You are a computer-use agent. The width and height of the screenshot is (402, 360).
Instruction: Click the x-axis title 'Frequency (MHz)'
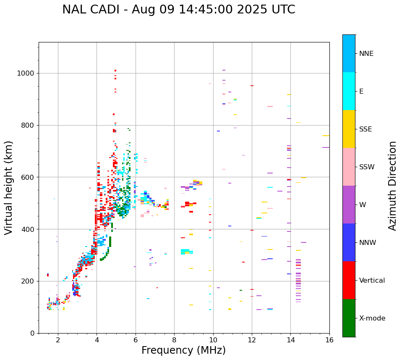coord(183,350)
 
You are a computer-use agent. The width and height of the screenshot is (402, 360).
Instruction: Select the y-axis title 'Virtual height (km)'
coord(9,187)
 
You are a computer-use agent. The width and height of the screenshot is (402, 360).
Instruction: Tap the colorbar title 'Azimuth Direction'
coord(392,186)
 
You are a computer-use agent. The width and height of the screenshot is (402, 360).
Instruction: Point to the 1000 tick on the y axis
coord(28,73)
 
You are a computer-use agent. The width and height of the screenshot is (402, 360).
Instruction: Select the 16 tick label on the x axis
coord(329,340)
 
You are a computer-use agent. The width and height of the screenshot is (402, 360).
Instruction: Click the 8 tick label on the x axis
coord(174,340)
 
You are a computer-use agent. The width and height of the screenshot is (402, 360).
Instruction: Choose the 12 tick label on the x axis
coord(252,340)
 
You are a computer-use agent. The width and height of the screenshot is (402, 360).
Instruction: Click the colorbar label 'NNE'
coord(366,54)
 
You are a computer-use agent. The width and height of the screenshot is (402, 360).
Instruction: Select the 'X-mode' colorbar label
coord(372,318)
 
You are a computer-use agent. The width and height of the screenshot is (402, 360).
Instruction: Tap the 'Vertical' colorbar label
coord(372,281)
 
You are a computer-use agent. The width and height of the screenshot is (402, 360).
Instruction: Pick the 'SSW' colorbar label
coord(367,167)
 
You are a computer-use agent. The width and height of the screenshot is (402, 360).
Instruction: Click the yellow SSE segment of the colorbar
coord(349,129)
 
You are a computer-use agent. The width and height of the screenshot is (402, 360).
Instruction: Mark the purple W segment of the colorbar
coord(349,205)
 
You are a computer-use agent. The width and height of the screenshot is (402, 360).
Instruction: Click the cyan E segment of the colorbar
coord(349,91)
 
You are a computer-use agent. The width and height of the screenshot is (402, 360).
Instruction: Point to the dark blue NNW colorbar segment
coord(349,242)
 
